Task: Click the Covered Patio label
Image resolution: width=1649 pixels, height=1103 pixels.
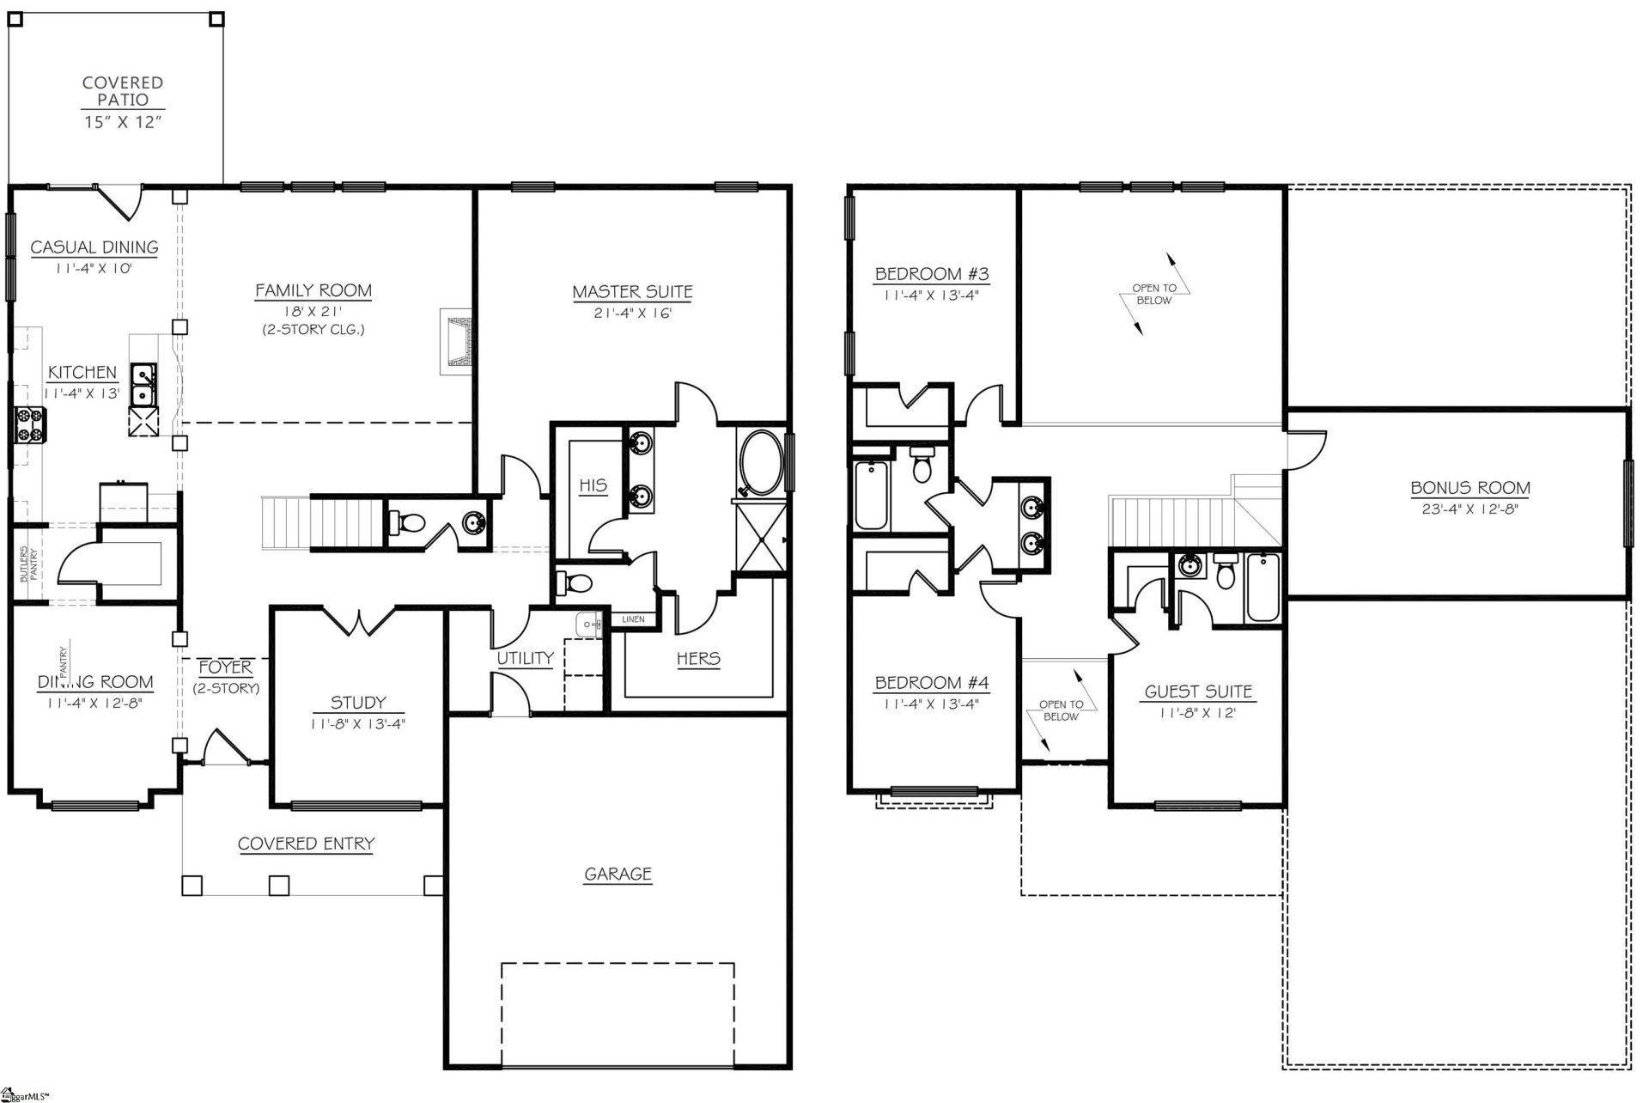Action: [x=123, y=91]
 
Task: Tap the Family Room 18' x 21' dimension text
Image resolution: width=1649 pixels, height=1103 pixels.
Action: [x=313, y=312]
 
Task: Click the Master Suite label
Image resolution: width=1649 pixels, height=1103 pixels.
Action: [x=632, y=292]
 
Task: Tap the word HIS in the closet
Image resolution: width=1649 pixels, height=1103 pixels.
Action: [x=593, y=485]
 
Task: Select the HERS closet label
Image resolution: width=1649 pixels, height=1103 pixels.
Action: [x=698, y=659]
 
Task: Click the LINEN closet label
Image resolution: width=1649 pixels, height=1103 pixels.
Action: [x=633, y=619]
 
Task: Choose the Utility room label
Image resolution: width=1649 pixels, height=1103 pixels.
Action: [x=525, y=658]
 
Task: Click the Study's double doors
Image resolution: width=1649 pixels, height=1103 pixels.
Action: [x=358, y=620]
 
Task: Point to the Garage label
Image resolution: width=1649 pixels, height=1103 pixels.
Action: [x=618, y=874]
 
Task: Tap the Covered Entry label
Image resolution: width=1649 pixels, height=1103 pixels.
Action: [x=306, y=844]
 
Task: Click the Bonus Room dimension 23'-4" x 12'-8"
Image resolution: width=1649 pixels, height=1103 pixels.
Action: [x=1469, y=509]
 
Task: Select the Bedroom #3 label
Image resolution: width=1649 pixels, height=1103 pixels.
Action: [x=931, y=275]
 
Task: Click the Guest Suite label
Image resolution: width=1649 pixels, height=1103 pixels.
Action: [x=1198, y=692]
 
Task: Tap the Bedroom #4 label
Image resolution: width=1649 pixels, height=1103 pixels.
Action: [x=931, y=684]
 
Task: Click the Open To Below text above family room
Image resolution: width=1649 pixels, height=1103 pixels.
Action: [x=1153, y=295]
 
